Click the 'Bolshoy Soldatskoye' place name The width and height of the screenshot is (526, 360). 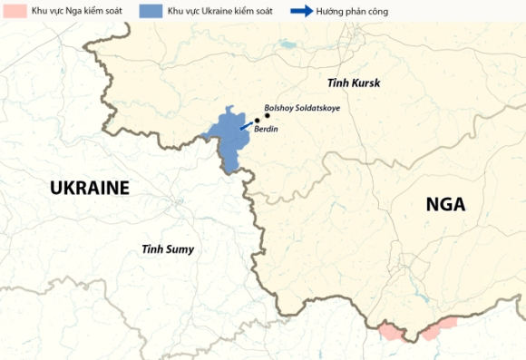click(301, 107)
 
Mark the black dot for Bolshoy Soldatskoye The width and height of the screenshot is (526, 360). click(268, 116)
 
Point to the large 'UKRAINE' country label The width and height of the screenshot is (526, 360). click(90, 188)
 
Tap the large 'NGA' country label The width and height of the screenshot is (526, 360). click(445, 204)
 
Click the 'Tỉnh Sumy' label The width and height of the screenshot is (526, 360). click(168, 248)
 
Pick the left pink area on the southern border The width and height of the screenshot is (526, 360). click(391, 329)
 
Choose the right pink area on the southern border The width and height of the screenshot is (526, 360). click(439, 328)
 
